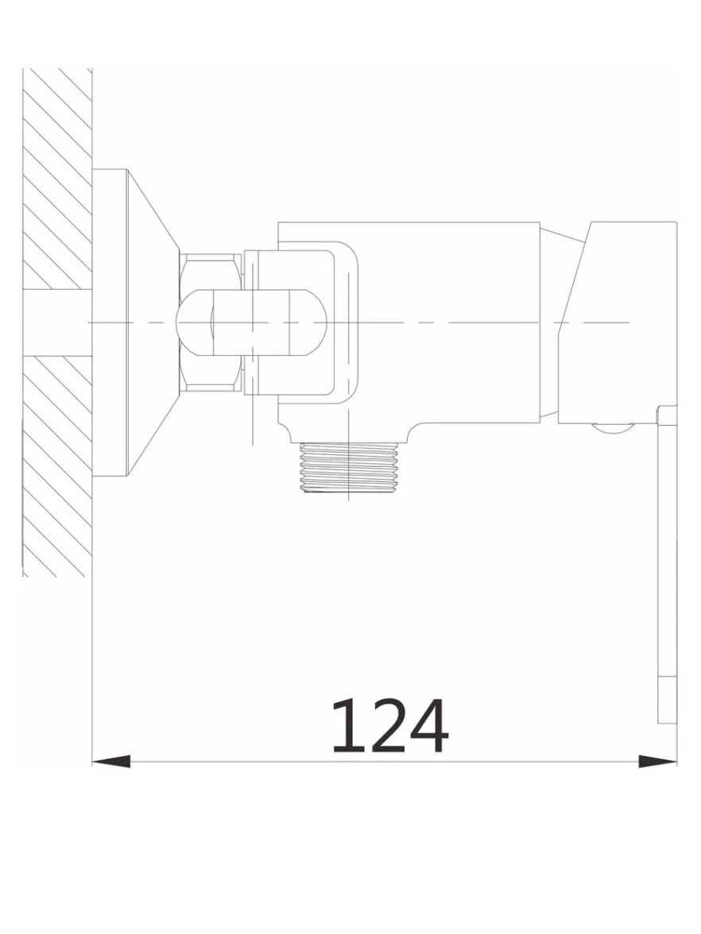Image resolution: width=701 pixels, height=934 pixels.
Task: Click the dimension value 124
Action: point(389,726)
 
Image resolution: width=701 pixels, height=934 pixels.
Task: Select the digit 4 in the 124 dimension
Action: point(428,726)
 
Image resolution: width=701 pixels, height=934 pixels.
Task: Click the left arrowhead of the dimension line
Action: point(111,762)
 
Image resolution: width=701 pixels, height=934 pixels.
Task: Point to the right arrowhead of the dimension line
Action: point(657,762)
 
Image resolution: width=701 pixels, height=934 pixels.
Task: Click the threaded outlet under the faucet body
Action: point(348,468)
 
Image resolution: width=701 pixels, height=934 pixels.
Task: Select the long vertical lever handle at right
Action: point(667,565)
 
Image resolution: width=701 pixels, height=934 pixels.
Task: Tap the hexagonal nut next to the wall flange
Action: point(211,322)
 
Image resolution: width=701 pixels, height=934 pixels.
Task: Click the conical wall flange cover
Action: point(153,322)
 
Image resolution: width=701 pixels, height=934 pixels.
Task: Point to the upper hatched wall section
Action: point(57,179)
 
